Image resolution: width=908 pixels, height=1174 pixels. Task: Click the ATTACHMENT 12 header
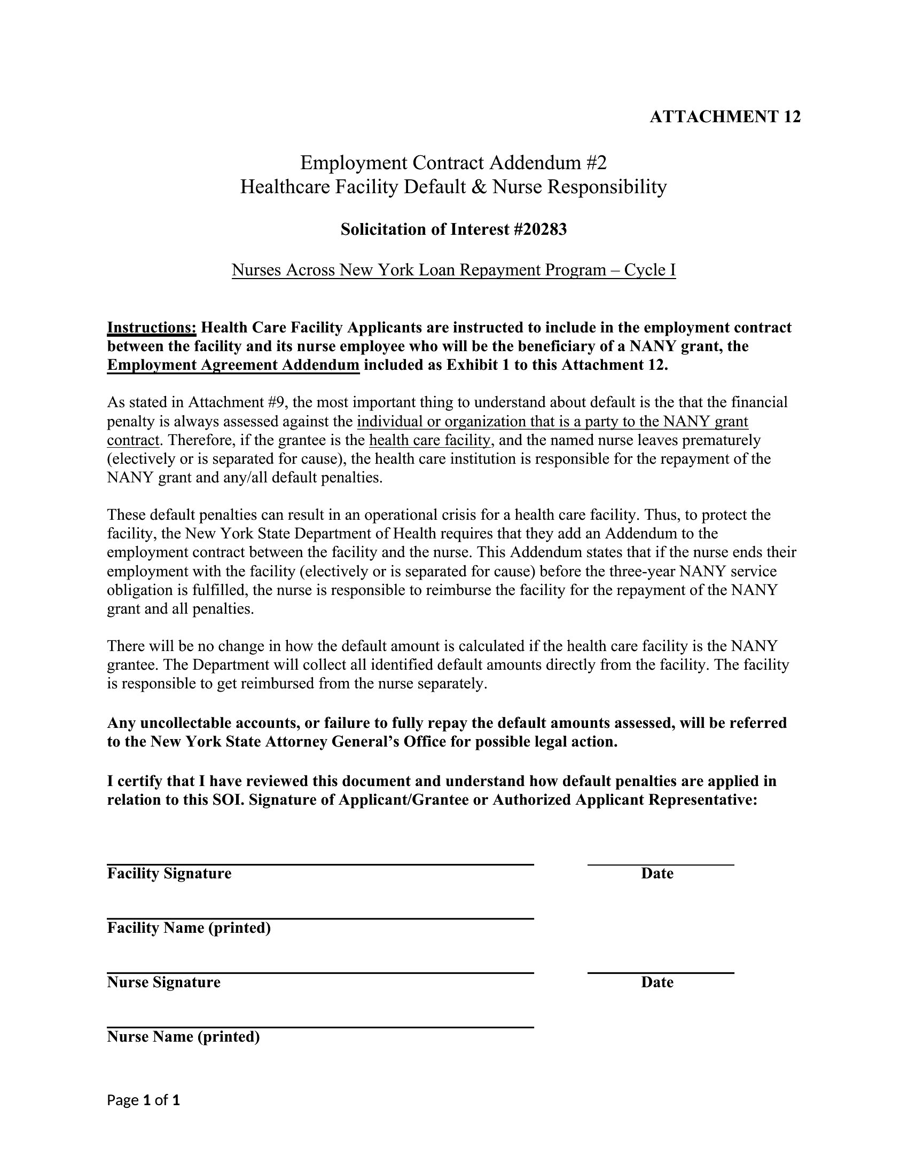click(x=725, y=117)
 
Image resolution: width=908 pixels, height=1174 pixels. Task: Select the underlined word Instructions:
click(x=152, y=327)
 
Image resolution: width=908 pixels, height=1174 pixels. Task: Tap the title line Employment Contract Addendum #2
click(x=453, y=162)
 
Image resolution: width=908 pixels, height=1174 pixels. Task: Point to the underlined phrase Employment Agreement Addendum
click(x=233, y=365)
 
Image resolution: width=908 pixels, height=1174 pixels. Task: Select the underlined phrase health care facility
click(x=430, y=440)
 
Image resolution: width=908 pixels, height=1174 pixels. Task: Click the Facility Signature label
click(x=169, y=874)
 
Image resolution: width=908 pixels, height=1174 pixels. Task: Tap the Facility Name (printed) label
click(x=189, y=928)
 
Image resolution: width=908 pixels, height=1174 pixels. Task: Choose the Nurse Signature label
click(x=163, y=982)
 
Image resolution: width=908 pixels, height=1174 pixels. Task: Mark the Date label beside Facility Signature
click(x=657, y=874)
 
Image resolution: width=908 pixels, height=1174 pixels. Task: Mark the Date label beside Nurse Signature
click(x=657, y=982)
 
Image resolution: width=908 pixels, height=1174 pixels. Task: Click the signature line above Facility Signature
click(x=320, y=864)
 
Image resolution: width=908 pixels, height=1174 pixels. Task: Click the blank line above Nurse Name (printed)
click(x=320, y=1027)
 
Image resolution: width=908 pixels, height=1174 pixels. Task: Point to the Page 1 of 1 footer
click(x=143, y=1100)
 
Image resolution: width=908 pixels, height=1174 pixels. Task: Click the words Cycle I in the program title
click(x=650, y=269)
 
